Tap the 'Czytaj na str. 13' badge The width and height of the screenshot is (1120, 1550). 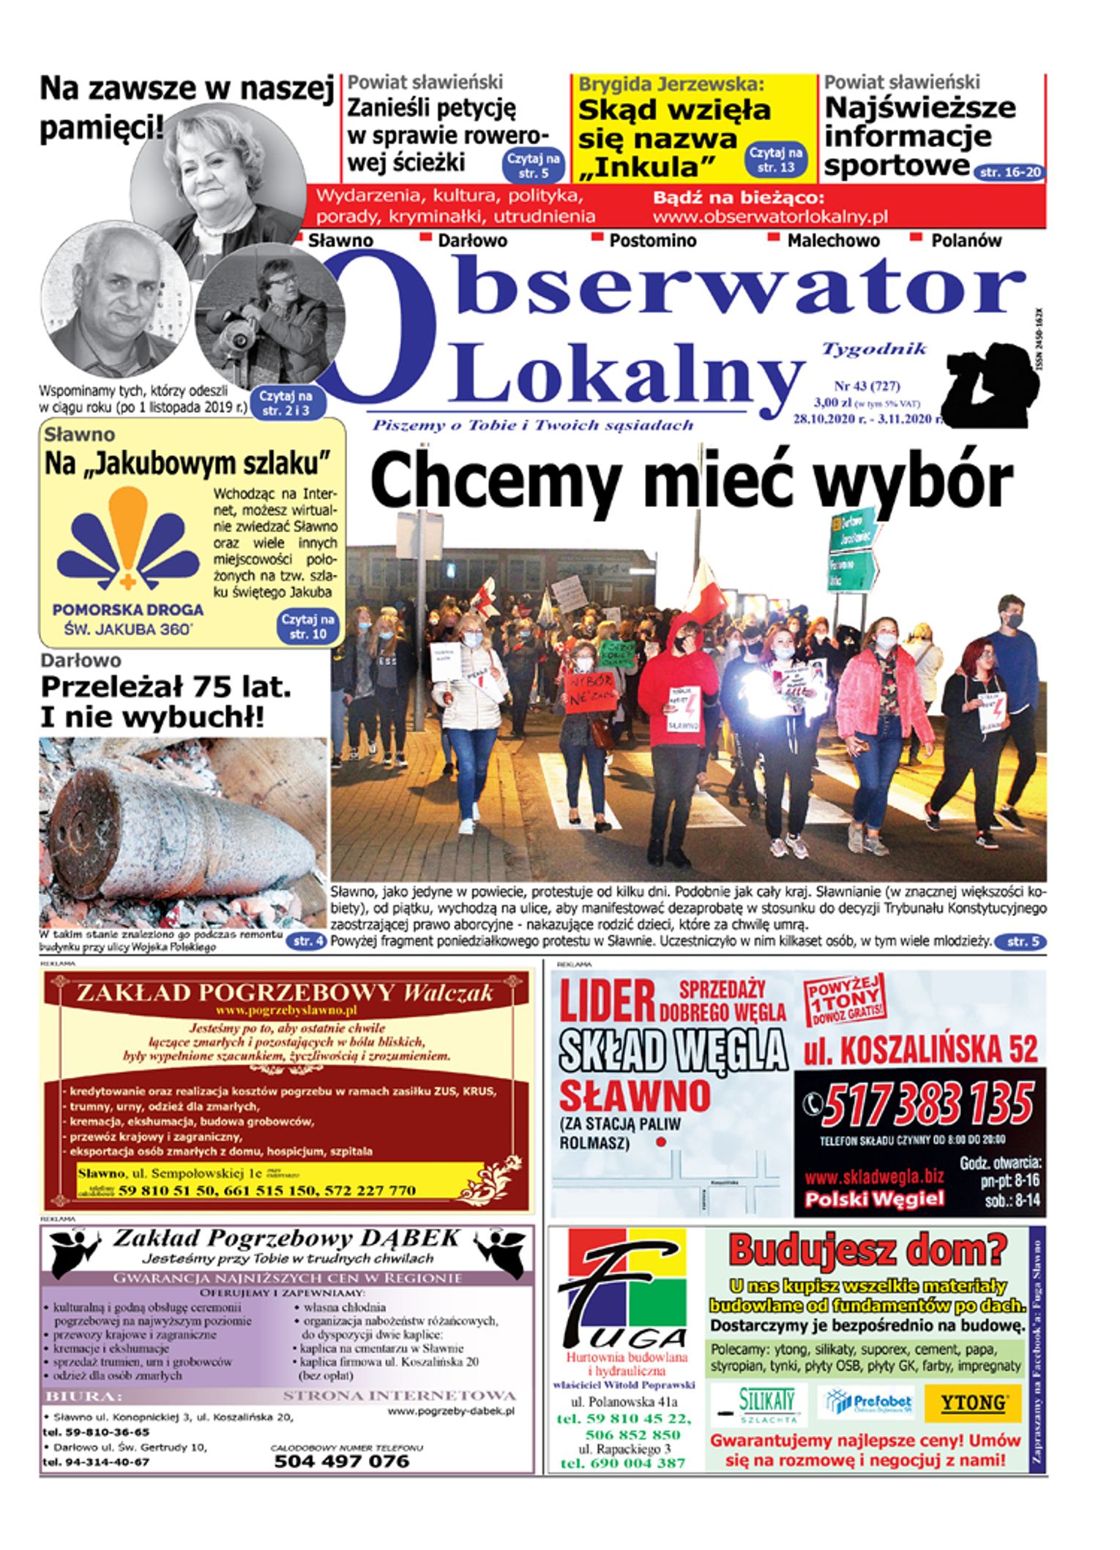776,160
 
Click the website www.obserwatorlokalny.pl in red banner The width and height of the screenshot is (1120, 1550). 769,217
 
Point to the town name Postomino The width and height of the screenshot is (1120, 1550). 652,240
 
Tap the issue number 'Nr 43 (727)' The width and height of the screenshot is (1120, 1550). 867,386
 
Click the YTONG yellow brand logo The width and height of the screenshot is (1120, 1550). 973,1403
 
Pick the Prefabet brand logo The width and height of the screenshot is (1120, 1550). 869,1403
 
